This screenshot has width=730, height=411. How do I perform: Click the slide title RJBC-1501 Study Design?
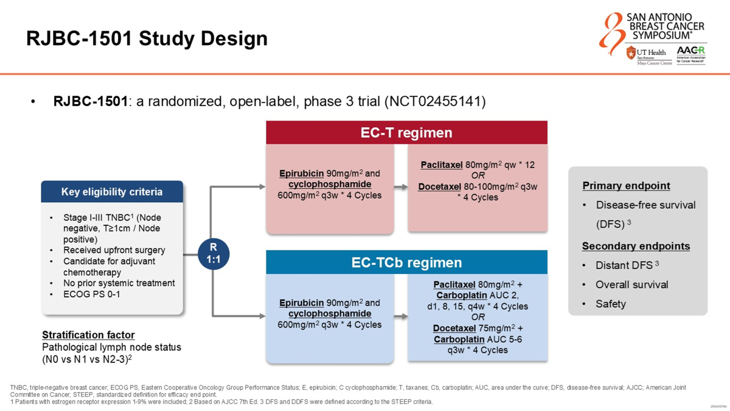(x=147, y=38)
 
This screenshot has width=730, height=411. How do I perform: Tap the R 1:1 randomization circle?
(x=214, y=253)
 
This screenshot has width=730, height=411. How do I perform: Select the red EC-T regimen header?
(x=406, y=132)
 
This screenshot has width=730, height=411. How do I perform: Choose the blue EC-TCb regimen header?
(x=406, y=262)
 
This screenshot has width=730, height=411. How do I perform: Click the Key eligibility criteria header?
(x=112, y=192)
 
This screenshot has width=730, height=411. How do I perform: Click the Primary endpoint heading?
(x=626, y=186)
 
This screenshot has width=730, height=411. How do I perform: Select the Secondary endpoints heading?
(x=636, y=246)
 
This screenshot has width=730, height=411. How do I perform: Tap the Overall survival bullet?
(x=631, y=284)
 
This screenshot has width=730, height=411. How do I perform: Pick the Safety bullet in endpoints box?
(x=611, y=304)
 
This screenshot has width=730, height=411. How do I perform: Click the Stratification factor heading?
(x=88, y=335)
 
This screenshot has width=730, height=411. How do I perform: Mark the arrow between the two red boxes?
(x=400, y=187)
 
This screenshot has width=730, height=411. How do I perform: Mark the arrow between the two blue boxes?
(x=400, y=317)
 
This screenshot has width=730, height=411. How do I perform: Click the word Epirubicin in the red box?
(x=301, y=174)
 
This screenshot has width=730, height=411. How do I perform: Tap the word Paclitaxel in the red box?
(x=442, y=164)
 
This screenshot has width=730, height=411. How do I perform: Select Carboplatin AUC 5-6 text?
(x=478, y=339)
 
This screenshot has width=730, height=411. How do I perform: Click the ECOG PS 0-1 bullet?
(x=92, y=294)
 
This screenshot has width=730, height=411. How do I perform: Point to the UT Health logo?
(x=648, y=54)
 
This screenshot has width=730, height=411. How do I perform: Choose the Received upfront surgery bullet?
(x=114, y=250)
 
